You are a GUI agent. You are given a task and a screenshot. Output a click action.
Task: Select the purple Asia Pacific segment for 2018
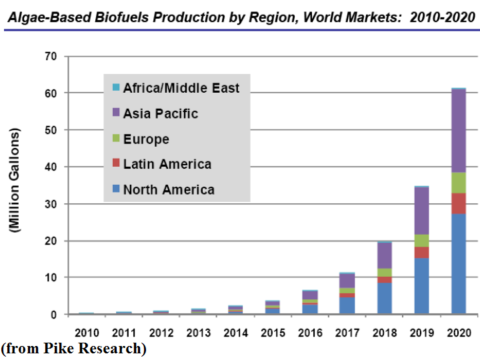[x=385, y=255]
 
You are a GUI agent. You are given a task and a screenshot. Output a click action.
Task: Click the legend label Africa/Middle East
[x=181, y=87]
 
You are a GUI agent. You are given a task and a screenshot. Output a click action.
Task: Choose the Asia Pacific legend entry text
[x=161, y=113]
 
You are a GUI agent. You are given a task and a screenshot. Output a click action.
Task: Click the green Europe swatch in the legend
[x=115, y=139]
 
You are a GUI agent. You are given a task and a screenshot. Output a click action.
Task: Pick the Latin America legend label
[x=167, y=164]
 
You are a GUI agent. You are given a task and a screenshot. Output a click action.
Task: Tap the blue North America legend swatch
[x=115, y=189]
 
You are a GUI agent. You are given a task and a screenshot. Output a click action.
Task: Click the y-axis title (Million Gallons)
[x=15, y=181]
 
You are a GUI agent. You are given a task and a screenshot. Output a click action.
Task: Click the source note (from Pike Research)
[x=74, y=349]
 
